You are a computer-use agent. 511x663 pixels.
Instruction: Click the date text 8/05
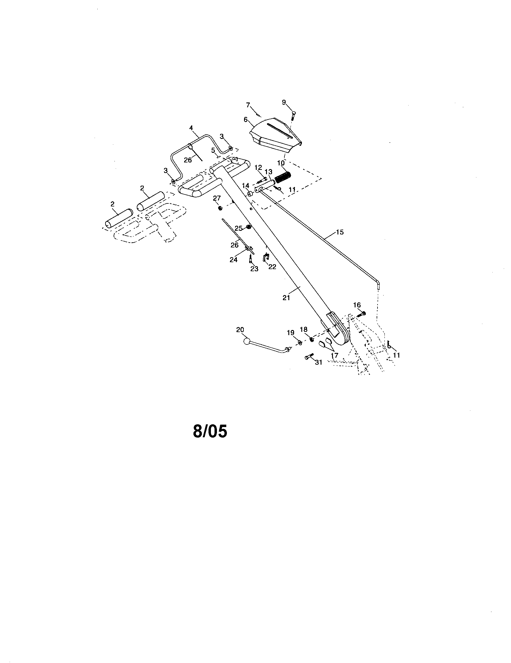point(210,431)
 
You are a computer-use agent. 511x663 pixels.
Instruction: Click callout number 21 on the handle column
point(286,298)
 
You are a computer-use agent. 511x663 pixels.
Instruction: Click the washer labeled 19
point(299,342)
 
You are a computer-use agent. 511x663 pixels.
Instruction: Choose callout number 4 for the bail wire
point(191,128)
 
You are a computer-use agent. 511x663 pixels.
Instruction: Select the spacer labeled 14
point(251,194)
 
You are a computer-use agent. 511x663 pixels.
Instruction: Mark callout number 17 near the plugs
point(334,355)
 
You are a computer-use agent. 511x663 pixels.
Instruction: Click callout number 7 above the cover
point(248,105)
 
